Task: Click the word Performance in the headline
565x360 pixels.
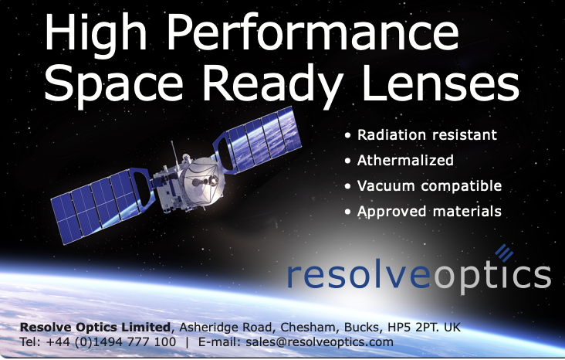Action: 313,32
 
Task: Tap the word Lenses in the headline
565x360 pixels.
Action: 440,83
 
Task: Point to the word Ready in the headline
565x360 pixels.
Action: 272,87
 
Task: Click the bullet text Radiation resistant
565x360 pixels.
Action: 427,135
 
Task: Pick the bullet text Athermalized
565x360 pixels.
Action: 405,160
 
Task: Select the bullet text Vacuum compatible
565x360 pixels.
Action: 429,186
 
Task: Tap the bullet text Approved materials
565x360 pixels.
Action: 429,212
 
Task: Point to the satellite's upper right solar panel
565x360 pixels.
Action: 258,141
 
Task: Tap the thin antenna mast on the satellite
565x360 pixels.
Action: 174,153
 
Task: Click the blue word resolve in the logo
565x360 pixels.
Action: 359,276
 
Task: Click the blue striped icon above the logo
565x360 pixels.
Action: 504,253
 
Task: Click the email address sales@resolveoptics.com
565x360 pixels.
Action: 320,341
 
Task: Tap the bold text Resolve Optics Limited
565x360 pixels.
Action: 95,328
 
